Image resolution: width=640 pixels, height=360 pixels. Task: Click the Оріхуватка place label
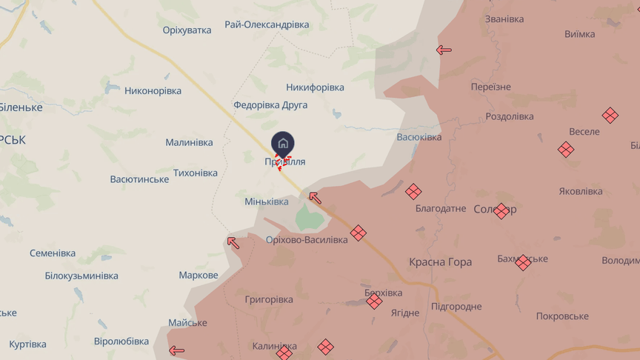[x=187, y=30]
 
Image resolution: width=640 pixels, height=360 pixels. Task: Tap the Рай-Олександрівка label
[x=267, y=24]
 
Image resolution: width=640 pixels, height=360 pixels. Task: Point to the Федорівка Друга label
[x=270, y=105]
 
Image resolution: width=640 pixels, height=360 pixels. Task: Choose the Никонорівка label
[x=153, y=91]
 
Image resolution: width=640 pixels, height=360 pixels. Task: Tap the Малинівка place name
[x=189, y=142]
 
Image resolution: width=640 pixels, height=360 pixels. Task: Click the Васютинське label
[x=139, y=179]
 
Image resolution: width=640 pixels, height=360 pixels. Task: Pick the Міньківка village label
[x=267, y=201]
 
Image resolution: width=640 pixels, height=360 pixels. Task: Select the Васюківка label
[x=419, y=137]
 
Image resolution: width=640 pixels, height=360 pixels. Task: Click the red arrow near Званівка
[x=444, y=50]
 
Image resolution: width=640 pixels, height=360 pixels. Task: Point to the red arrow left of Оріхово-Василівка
[x=233, y=241]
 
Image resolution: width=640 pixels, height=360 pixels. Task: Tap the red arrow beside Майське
[x=177, y=350]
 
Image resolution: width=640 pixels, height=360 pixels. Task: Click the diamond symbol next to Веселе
[x=566, y=150]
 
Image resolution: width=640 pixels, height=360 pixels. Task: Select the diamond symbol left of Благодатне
[x=413, y=192]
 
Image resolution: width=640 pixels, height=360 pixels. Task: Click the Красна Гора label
[x=440, y=262]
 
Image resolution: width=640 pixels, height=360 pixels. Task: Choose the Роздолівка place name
[x=510, y=116]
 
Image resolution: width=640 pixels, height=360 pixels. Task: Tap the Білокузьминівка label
[x=81, y=276]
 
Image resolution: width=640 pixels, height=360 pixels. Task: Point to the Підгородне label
[x=456, y=307]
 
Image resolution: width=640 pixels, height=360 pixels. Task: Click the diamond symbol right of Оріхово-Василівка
[x=359, y=233]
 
